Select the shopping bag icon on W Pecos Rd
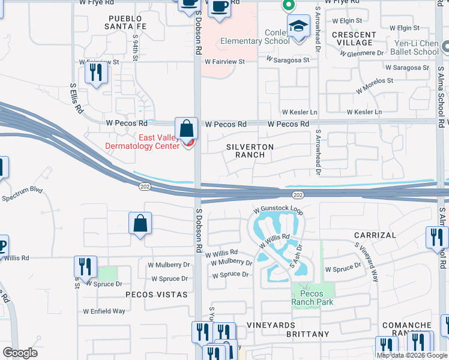[x=187, y=128]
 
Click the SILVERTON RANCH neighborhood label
[x=250, y=151]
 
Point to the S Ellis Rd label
[x=76, y=99]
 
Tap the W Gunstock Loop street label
[x=279, y=211]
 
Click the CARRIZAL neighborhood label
[x=375, y=235]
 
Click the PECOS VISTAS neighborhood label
[x=153, y=295]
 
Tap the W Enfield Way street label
[x=104, y=311]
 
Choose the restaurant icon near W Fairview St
[x=95, y=73]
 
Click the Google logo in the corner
[x=20, y=353]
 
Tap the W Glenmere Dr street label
[x=361, y=53]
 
